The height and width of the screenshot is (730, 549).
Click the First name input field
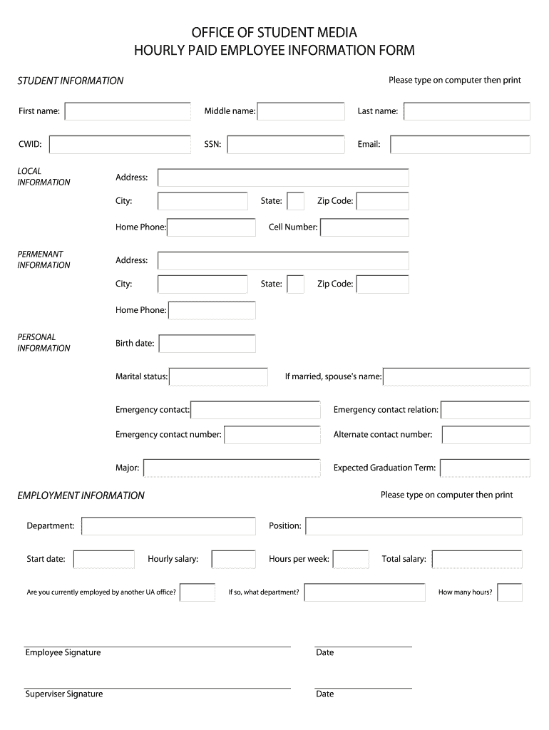click(128, 111)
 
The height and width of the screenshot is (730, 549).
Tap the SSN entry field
click(286, 145)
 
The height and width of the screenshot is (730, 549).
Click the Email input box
click(460, 145)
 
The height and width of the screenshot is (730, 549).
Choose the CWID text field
click(120, 145)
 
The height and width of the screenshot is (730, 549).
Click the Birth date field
click(207, 344)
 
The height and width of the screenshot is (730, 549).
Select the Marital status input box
click(217, 376)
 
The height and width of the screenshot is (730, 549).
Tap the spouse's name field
click(456, 376)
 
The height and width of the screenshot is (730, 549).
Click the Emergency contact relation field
click(486, 410)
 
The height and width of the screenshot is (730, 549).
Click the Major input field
click(232, 468)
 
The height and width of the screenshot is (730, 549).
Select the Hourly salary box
click(233, 559)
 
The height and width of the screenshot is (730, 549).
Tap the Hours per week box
click(351, 559)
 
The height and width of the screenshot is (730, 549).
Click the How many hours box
click(510, 592)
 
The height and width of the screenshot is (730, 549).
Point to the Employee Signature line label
click(63, 653)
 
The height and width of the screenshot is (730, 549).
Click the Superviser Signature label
click(64, 694)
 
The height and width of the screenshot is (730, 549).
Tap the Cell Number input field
click(364, 227)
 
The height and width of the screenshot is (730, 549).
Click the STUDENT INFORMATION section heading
click(71, 81)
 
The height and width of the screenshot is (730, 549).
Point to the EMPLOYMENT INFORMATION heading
click(81, 495)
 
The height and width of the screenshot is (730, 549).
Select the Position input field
click(414, 526)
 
